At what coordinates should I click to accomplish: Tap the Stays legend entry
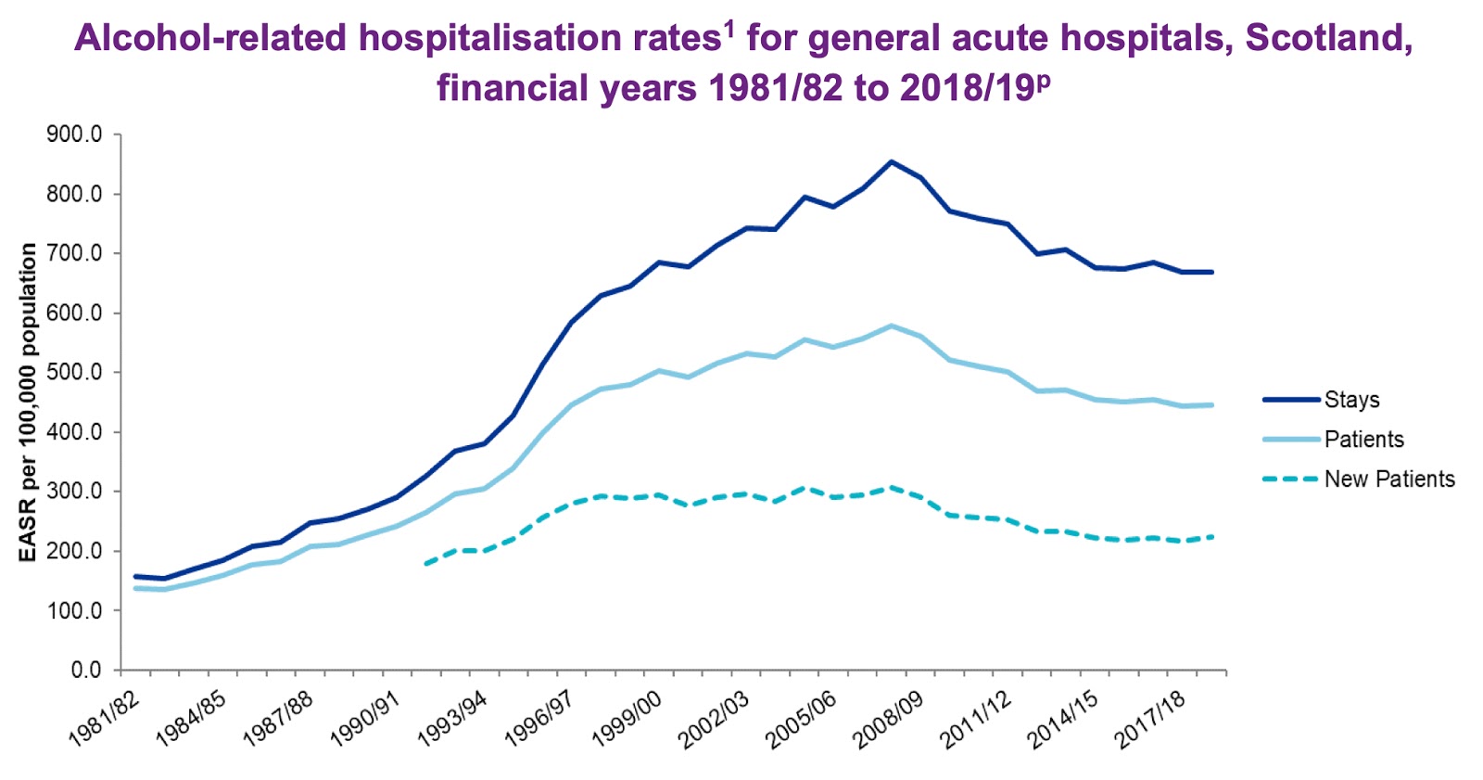click(1351, 400)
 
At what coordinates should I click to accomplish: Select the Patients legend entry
click(1363, 440)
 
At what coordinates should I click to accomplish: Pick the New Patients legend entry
click(1388, 480)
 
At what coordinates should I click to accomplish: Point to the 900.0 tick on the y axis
click(74, 135)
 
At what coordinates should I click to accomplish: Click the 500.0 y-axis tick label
click(74, 373)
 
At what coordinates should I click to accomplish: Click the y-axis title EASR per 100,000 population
click(29, 402)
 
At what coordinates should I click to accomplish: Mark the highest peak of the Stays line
click(891, 161)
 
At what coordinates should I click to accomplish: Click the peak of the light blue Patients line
click(891, 326)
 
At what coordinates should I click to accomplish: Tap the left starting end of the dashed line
click(425, 563)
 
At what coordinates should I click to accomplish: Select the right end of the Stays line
click(1211, 272)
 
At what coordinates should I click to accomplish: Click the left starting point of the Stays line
click(136, 576)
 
